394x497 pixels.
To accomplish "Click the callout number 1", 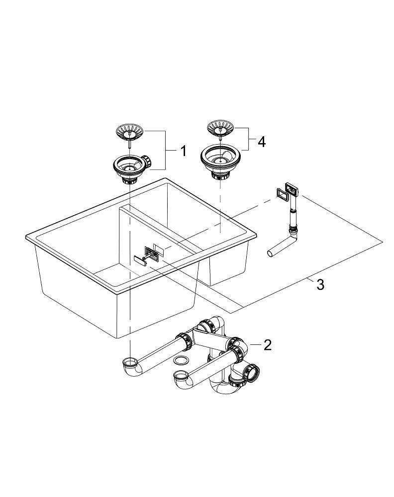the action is coord(184,151).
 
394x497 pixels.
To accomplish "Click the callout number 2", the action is coord(268,345).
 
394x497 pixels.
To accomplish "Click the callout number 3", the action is coord(320,285).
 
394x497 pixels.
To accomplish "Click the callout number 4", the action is coord(261,142).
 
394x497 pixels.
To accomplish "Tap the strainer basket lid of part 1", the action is coord(130,132).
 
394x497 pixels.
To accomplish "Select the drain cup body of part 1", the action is coord(129,167).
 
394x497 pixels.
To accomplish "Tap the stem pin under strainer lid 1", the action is coord(130,143).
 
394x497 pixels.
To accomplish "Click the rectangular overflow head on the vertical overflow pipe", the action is coord(292,189).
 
